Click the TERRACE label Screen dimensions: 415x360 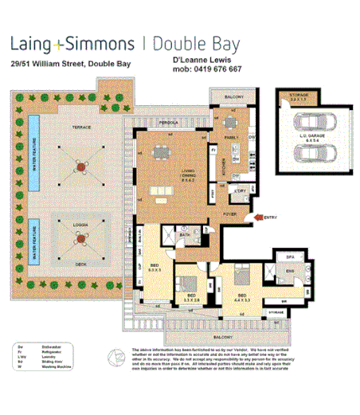80,126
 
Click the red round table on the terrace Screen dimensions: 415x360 80,166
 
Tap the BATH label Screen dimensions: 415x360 185,236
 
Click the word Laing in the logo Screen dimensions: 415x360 37,43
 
